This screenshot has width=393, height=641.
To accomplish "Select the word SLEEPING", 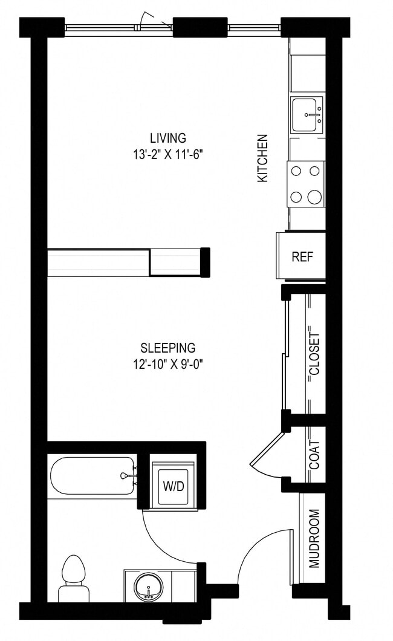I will [x=167, y=348].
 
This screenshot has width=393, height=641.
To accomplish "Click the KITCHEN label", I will [x=263, y=158].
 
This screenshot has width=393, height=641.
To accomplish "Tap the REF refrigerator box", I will [x=302, y=256].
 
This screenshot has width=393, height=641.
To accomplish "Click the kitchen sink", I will [x=307, y=114].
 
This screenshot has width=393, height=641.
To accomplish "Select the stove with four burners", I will [x=305, y=184].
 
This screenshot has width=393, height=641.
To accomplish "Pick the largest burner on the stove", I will [x=314, y=197].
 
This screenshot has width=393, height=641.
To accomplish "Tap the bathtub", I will [x=91, y=477].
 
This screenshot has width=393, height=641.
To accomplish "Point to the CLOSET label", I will [x=314, y=354].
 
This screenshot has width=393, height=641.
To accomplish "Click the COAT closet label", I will [x=314, y=454].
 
